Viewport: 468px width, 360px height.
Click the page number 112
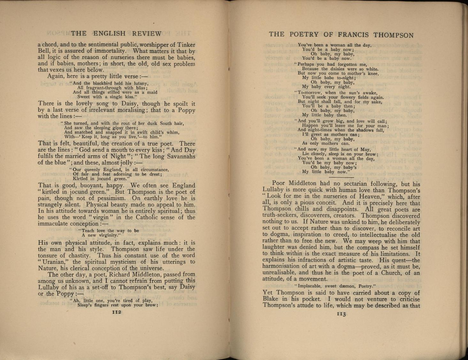coord(117,312)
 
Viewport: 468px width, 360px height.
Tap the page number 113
coord(341,314)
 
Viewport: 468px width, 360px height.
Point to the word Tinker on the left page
coord(186,45)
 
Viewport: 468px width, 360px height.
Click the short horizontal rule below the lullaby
coord(341,177)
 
